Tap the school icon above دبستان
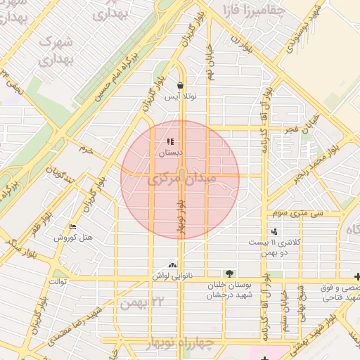[x=169, y=142]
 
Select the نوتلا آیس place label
[x=180, y=97]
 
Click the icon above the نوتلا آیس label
[x=180, y=86]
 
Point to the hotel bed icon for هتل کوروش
[x=72, y=226]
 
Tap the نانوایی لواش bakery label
[x=172, y=276]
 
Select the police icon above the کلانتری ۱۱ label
[x=274, y=231]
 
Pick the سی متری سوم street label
[x=295, y=212]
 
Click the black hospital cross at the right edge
[x=357, y=278]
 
